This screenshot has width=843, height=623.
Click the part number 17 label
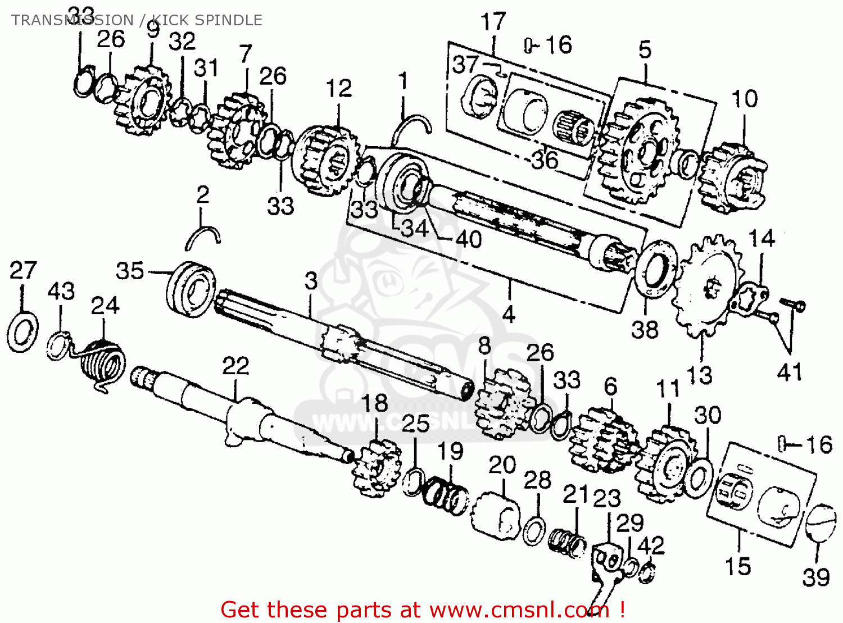click(x=493, y=22)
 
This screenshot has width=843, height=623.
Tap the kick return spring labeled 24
click(x=103, y=365)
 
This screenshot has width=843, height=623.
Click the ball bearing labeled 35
click(x=191, y=289)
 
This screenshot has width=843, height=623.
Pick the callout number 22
click(x=235, y=366)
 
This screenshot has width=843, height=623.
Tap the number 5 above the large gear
click(x=645, y=50)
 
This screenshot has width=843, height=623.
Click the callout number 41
click(x=789, y=372)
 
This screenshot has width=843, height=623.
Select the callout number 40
click(x=469, y=240)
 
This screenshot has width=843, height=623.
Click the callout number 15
click(x=737, y=566)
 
